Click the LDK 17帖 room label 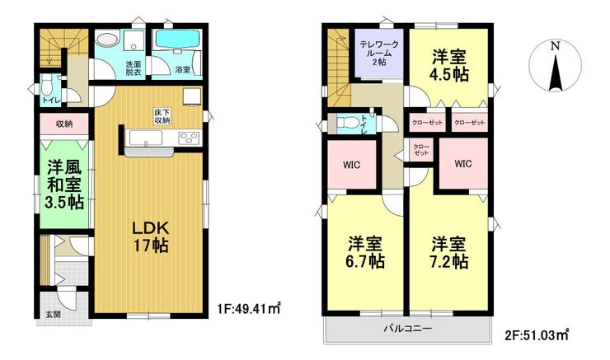pos(148,236)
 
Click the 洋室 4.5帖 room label pos(449,63)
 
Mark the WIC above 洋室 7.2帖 pos(462,163)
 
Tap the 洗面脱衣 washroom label pos(134,68)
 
